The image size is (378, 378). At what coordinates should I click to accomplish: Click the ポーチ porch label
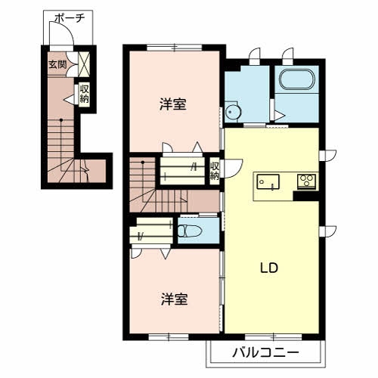click(70, 18)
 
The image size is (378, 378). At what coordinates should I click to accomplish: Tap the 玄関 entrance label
click(57, 64)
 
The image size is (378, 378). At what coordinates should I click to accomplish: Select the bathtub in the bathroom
click(297, 79)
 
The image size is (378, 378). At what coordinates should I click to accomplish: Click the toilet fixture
click(190, 231)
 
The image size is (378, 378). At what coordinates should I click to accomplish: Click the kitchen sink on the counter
click(268, 181)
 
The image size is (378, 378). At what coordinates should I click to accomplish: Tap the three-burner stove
click(307, 181)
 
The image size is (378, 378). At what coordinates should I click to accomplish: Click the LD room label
click(269, 268)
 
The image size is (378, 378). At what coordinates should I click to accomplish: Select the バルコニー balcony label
click(265, 352)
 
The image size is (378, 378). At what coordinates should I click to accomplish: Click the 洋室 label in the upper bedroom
click(173, 104)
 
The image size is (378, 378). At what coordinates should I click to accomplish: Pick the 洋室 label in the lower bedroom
click(174, 299)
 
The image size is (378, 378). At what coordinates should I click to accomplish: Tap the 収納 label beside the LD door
click(215, 171)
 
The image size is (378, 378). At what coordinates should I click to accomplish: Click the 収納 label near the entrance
click(84, 94)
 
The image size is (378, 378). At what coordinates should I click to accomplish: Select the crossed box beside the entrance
click(84, 64)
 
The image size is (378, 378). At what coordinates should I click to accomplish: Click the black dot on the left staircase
click(61, 120)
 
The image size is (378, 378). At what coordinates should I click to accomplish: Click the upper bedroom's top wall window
click(175, 47)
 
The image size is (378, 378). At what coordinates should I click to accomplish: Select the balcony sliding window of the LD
click(273, 336)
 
